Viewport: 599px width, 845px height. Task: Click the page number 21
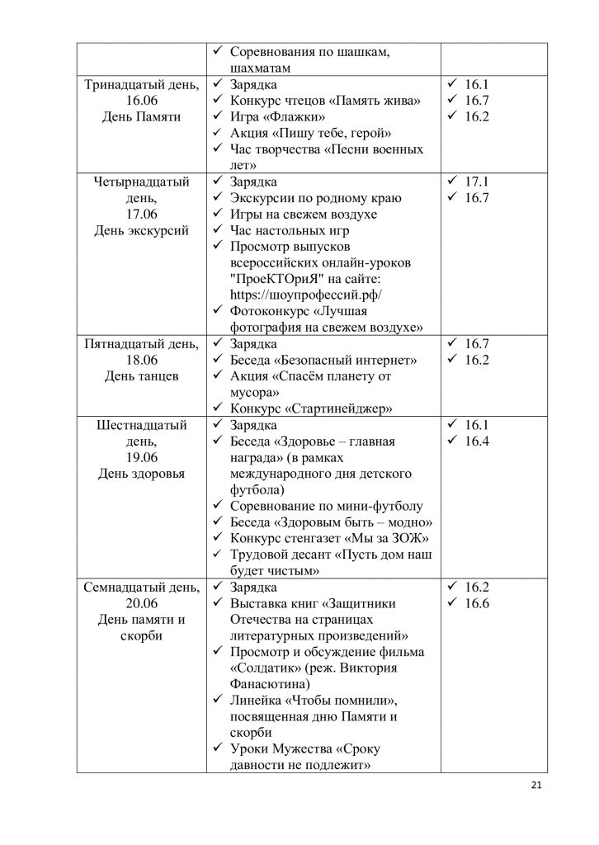536,785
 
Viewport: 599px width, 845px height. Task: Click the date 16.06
142,101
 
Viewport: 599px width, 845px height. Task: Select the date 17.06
142,215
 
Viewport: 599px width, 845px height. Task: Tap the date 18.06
142,361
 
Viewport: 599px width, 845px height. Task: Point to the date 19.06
142,458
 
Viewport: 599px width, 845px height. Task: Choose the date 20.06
142,604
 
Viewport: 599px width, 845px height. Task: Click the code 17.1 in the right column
477,182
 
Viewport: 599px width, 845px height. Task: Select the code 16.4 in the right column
477,442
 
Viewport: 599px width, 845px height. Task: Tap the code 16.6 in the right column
477,604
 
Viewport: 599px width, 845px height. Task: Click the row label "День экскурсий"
142,231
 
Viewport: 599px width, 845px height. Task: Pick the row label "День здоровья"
142,474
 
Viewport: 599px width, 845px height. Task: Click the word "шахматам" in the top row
260,68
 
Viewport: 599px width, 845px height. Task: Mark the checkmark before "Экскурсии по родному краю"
218,198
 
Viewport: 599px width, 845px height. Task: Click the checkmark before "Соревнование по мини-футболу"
218,507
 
